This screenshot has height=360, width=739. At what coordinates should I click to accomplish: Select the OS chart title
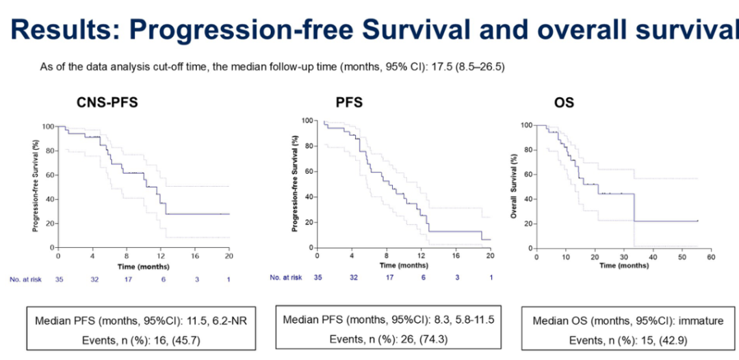click(x=564, y=103)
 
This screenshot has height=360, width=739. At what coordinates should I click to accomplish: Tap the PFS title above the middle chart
click(x=349, y=103)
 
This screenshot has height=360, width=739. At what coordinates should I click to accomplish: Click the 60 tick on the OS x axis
click(x=710, y=257)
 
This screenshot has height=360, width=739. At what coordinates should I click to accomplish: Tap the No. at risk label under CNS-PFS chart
click(x=25, y=279)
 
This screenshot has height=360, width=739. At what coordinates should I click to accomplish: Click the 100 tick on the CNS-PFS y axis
click(x=48, y=127)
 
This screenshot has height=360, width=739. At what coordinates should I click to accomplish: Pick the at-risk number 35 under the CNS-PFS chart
click(x=59, y=279)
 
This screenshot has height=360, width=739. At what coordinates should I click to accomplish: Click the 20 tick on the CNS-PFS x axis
click(x=229, y=257)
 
